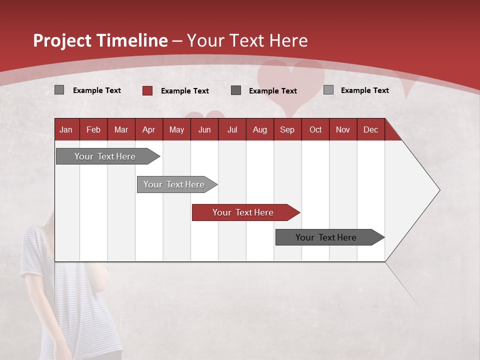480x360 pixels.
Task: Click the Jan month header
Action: click(x=66, y=130)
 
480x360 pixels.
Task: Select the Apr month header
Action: click(x=148, y=130)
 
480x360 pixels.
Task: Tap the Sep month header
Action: click(x=287, y=130)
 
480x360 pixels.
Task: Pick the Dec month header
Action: click(x=370, y=130)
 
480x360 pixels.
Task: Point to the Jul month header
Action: click(x=232, y=130)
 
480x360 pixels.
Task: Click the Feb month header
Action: click(x=93, y=130)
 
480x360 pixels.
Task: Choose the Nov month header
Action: click(x=342, y=130)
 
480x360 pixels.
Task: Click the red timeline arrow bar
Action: click(x=245, y=212)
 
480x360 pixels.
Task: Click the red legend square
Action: click(x=147, y=90)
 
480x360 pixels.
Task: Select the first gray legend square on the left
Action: click(x=59, y=90)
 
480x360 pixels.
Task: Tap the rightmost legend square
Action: click(x=328, y=90)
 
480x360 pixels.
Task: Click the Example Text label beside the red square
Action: click(x=185, y=91)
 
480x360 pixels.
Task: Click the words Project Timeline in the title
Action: click(x=100, y=40)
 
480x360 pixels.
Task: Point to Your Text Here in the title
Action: click(x=247, y=40)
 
